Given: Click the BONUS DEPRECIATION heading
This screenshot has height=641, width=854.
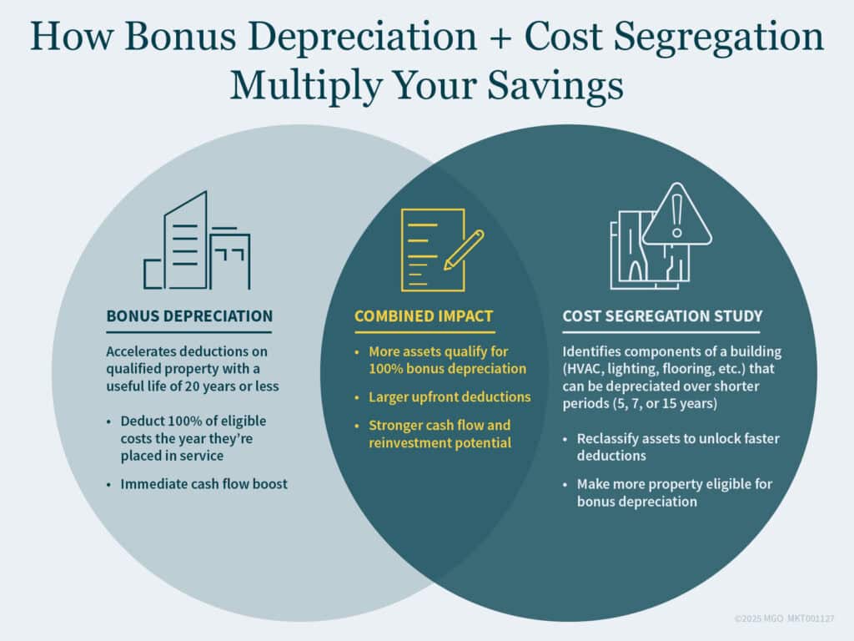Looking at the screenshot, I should pyautogui.click(x=189, y=316).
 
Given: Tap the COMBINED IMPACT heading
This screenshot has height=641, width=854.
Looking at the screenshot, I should pyautogui.click(x=424, y=316).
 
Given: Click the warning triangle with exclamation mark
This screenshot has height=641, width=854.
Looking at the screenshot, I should pyautogui.click(x=676, y=217).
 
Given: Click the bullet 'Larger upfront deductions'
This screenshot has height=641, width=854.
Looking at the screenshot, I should pyautogui.click(x=450, y=396).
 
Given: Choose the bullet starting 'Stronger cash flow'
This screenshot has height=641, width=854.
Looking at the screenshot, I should pyautogui.click(x=440, y=434).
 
